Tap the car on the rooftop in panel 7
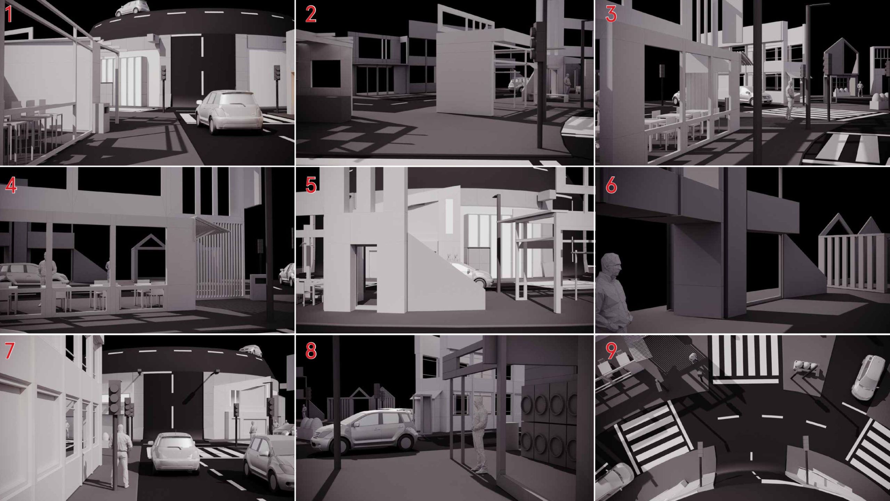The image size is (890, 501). click(x=250, y=351)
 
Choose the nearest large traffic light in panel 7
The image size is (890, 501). click(x=114, y=397)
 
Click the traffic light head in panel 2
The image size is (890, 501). click(x=537, y=42)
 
